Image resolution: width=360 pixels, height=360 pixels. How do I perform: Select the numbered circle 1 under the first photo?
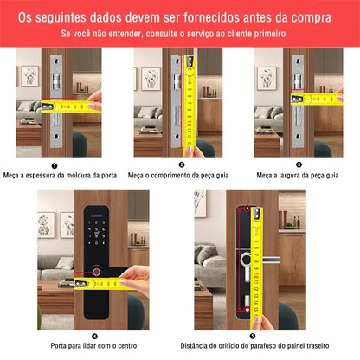pyautogui.click(x=55, y=166)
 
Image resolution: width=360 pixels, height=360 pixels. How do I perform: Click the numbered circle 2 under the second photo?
pyautogui.click(x=182, y=164)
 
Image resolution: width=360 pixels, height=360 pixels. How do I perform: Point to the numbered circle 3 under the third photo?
pyautogui.click(x=299, y=164)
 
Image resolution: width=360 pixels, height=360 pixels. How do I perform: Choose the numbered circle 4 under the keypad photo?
pyautogui.click(x=94, y=337)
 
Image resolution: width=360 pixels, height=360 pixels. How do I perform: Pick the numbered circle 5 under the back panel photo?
pyautogui.click(x=253, y=336)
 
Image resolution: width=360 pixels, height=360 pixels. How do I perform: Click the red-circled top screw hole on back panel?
pyautogui.click(x=247, y=209)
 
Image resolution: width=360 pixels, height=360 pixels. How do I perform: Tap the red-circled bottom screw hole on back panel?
pyautogui.click(x=247, y=310)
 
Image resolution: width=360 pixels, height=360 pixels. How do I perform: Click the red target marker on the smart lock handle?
pyautogui.click(x=96, y=272)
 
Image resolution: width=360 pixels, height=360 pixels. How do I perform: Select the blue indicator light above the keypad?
pyautogui.click(x=98, y=216)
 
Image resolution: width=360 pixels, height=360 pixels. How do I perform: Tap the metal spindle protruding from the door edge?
pyautogui.click(x=271, y=260)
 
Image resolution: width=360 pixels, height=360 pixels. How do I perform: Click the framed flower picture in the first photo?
pyautogui.click(x=29, y=76)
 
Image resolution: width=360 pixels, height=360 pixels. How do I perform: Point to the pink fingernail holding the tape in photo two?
pyautogui.click(x=189, y=149)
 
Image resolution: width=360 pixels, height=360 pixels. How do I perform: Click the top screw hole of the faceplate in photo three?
pyautogui.click(x=298, y=61)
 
